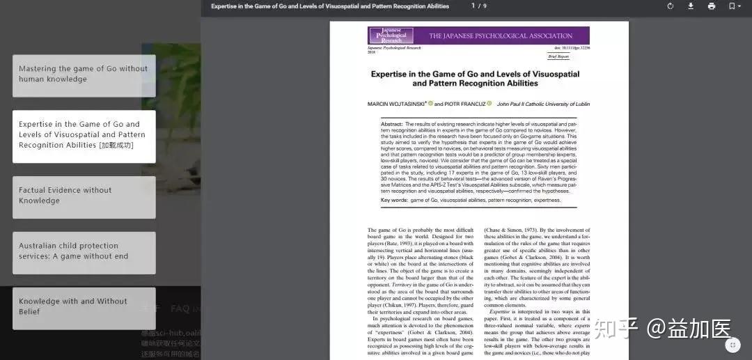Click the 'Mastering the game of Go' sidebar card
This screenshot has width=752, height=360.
click(x=84, y=75)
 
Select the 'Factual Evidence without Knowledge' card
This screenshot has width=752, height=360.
click(x=84, y=196)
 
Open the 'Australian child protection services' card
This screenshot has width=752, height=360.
click(x=84, y=252)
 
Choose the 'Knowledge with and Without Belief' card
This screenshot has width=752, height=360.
click(x=84, y=307)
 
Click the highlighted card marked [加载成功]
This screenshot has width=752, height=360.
click(x=84, y=136)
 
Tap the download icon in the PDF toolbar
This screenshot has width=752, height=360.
click(x=691, y=6)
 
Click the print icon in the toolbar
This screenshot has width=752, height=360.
click(x=711, y=6)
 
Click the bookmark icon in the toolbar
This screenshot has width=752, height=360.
click(x=732, y=6)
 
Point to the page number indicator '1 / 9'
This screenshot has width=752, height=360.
click(x=479, y=6)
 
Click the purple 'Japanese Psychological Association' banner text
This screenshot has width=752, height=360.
click(x=501, y=36)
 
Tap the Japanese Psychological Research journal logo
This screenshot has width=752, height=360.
click(x=391, y=36)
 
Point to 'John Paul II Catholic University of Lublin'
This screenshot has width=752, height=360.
click(x=543, y=104)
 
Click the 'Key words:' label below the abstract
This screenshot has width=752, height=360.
click(x=394, y=200)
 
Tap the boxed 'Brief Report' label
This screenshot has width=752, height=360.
click(x=558, y=56)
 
